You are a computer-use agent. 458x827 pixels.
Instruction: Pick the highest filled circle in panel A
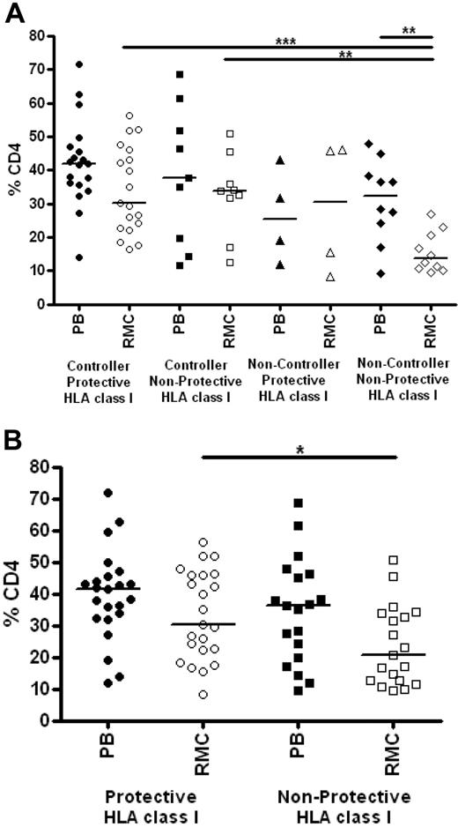pos(78,64)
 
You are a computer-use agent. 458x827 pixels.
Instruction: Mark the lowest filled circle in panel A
pos(78,257)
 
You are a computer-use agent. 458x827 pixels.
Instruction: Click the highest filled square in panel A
pos(179,75)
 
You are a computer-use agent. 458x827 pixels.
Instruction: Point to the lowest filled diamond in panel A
pos(380,273)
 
